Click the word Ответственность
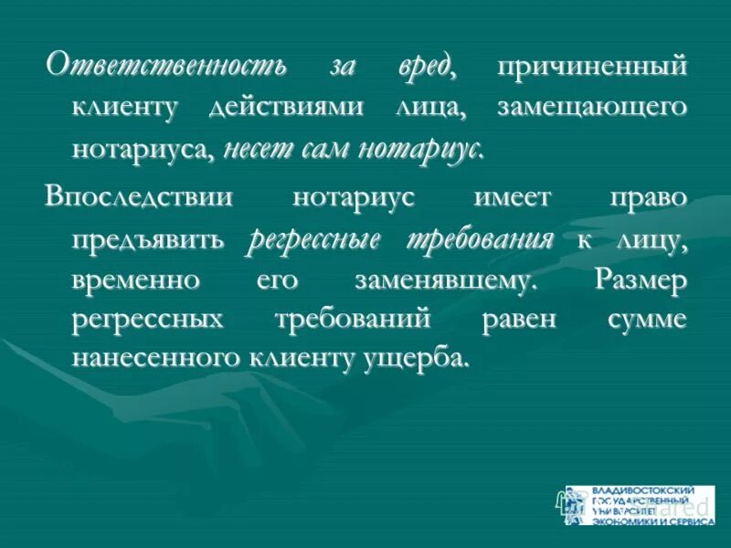[167, 66]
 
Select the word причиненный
[591, 67]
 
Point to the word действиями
[285, 108]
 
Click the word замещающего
[591, 108]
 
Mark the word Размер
[639, 280]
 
